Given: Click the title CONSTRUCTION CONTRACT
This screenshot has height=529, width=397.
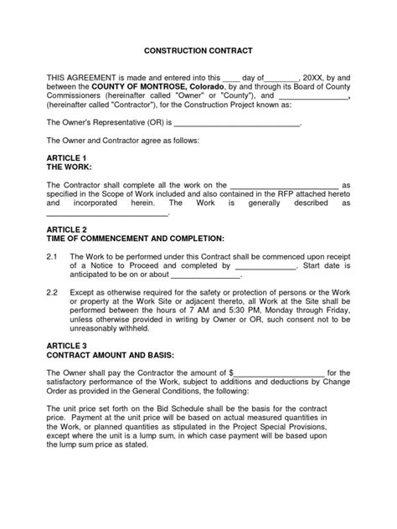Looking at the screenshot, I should click(x=198, y=50).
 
